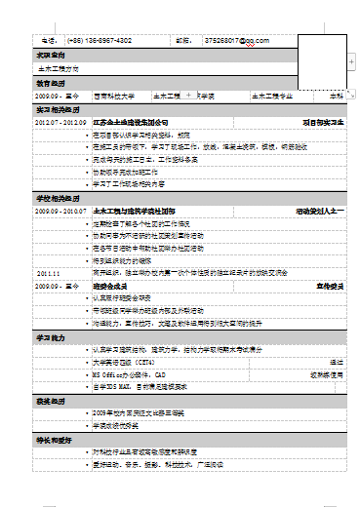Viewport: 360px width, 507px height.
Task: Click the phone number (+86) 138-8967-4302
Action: click(100, 41)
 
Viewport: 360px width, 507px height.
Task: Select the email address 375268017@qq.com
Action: click(236, 41)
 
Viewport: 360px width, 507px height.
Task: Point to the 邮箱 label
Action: click(182, 41)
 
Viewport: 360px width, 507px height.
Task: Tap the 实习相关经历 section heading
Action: click(57, 109)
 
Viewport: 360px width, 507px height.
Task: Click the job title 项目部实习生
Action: click(324, 122)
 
